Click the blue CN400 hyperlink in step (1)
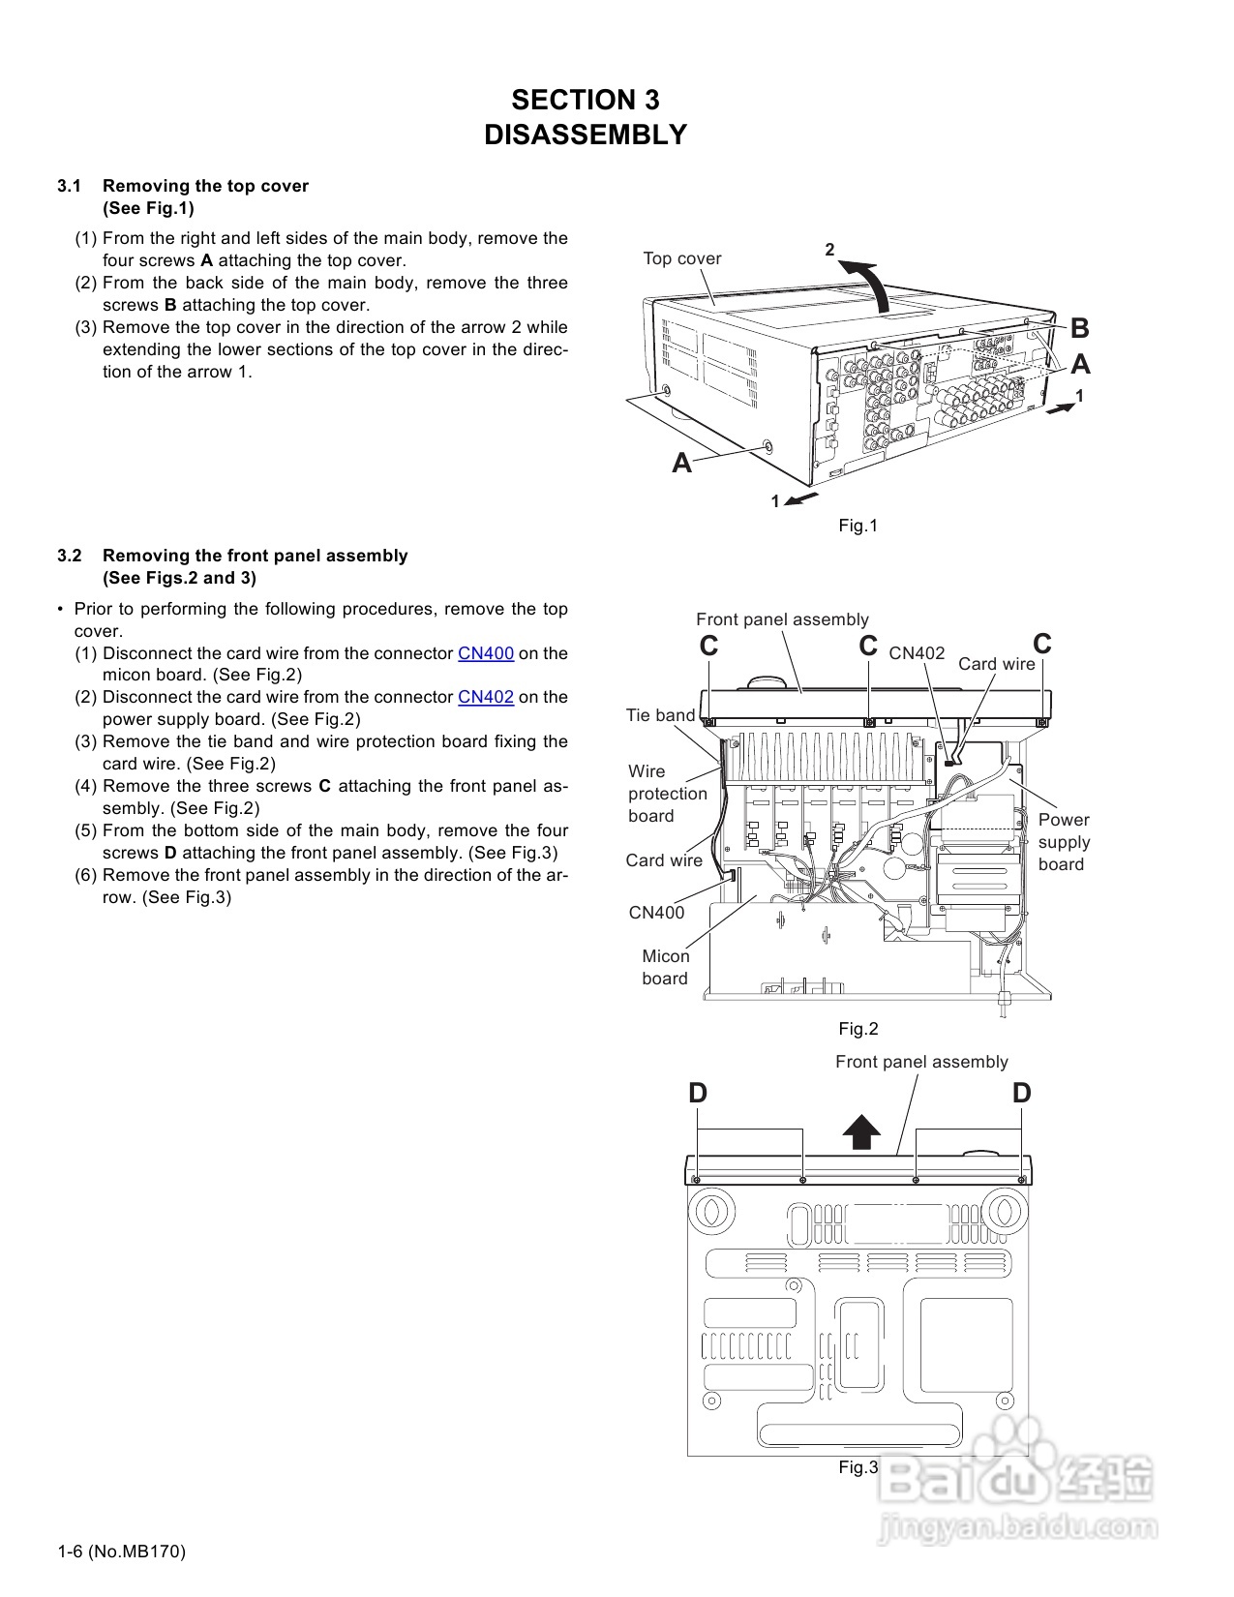point(485,653)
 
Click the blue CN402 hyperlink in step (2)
point(485,697)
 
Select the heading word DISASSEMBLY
point(586,135)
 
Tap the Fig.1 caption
point(858,526)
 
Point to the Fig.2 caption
point(858,1029)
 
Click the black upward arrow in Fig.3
point(860,1130)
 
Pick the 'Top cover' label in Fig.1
point(682,258)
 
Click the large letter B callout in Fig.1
point(1080,329)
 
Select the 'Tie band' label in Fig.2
point(660,715)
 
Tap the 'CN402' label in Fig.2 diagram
point(917,653)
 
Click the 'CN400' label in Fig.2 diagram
point(656,913)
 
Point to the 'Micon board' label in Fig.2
point(665,967)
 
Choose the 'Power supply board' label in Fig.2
point(1064,842)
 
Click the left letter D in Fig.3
point(698,1094)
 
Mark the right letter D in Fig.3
point(1022,1094)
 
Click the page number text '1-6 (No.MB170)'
point(121,1552)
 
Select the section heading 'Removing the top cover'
point(205,186)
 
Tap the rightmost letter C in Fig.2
point(1042,645)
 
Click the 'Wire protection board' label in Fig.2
point(667,794)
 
